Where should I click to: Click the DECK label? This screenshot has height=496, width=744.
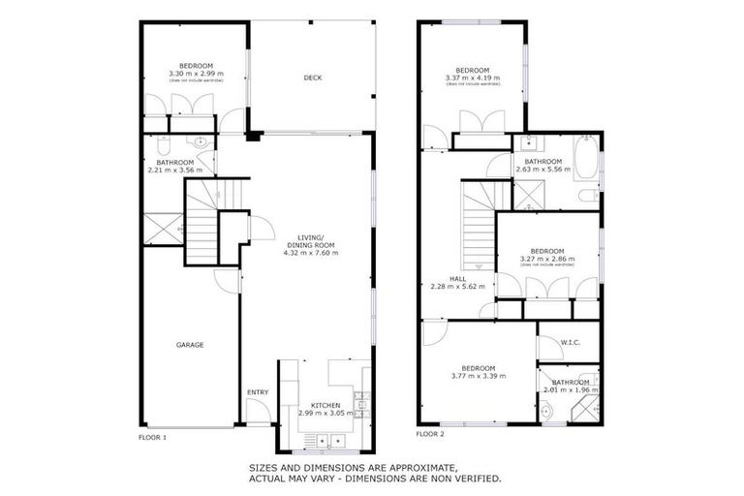pyautogui.click(x=312, y=78)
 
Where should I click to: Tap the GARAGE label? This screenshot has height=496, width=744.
pyautogui.click(x=189, y=344)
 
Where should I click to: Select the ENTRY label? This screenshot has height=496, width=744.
pyautogui.click(x=258, y=391)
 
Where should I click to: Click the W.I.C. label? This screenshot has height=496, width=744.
pyautogui.click(x=570, y=341)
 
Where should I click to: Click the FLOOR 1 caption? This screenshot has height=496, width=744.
pyautogui.click(x=153, y=436)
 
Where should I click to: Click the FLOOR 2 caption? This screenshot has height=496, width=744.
pyautogui.click(x=429, y=433)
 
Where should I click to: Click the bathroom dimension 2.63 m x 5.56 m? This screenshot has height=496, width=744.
pyautogui.click(x=543, y=170)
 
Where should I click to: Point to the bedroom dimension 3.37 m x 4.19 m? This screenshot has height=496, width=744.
pyautogui.click(x=473, y=77)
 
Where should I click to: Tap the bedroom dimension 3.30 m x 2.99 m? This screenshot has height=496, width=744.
pyautogui.click(x=195, y=73)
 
